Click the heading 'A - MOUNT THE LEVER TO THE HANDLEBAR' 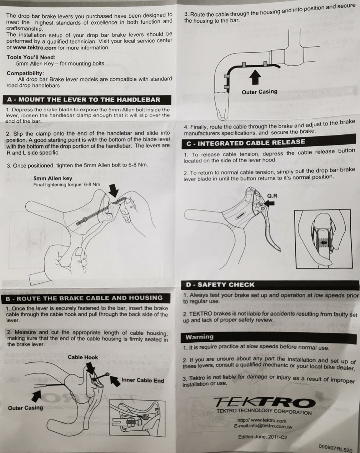tap(83, 100)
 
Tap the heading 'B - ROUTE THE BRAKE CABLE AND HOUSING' tap(84, 298)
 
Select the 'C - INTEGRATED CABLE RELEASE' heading tap(246, 142)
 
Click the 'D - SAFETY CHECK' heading tap(220, 285)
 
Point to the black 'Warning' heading tap(200, 337)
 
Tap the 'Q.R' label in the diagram tap(272, 196)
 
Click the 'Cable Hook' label tap(83, 357)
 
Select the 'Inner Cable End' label tap(142, 380)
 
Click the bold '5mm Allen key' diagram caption tap(52, 178)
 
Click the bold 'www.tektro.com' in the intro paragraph tap(35, 48)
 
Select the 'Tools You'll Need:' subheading tap(31, 57)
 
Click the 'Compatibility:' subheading tap(25, 73)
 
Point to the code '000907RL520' tap(336, 447)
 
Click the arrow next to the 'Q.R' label tap(270, 205)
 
